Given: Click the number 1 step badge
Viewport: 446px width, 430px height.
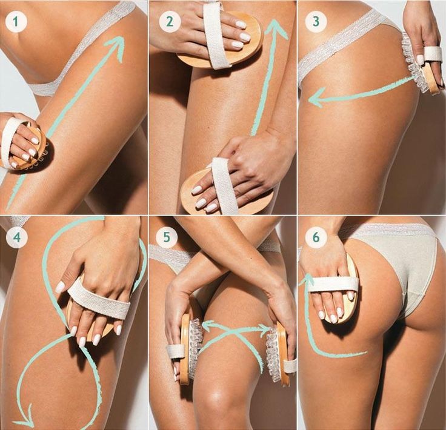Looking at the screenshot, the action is coord(16,22).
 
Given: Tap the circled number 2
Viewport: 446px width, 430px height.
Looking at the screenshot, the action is coord(170,22).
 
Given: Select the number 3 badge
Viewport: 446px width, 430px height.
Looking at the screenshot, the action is coord(316,21).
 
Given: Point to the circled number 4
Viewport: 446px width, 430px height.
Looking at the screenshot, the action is coord(17,237).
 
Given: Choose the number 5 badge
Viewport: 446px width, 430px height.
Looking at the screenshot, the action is coord(167,237).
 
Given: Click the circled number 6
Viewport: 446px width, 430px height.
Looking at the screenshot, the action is coord(316,237).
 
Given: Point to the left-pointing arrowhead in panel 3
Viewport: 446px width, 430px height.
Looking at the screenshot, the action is coord(316,98).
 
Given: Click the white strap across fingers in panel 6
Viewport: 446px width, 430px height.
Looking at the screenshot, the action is coord(333,284).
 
